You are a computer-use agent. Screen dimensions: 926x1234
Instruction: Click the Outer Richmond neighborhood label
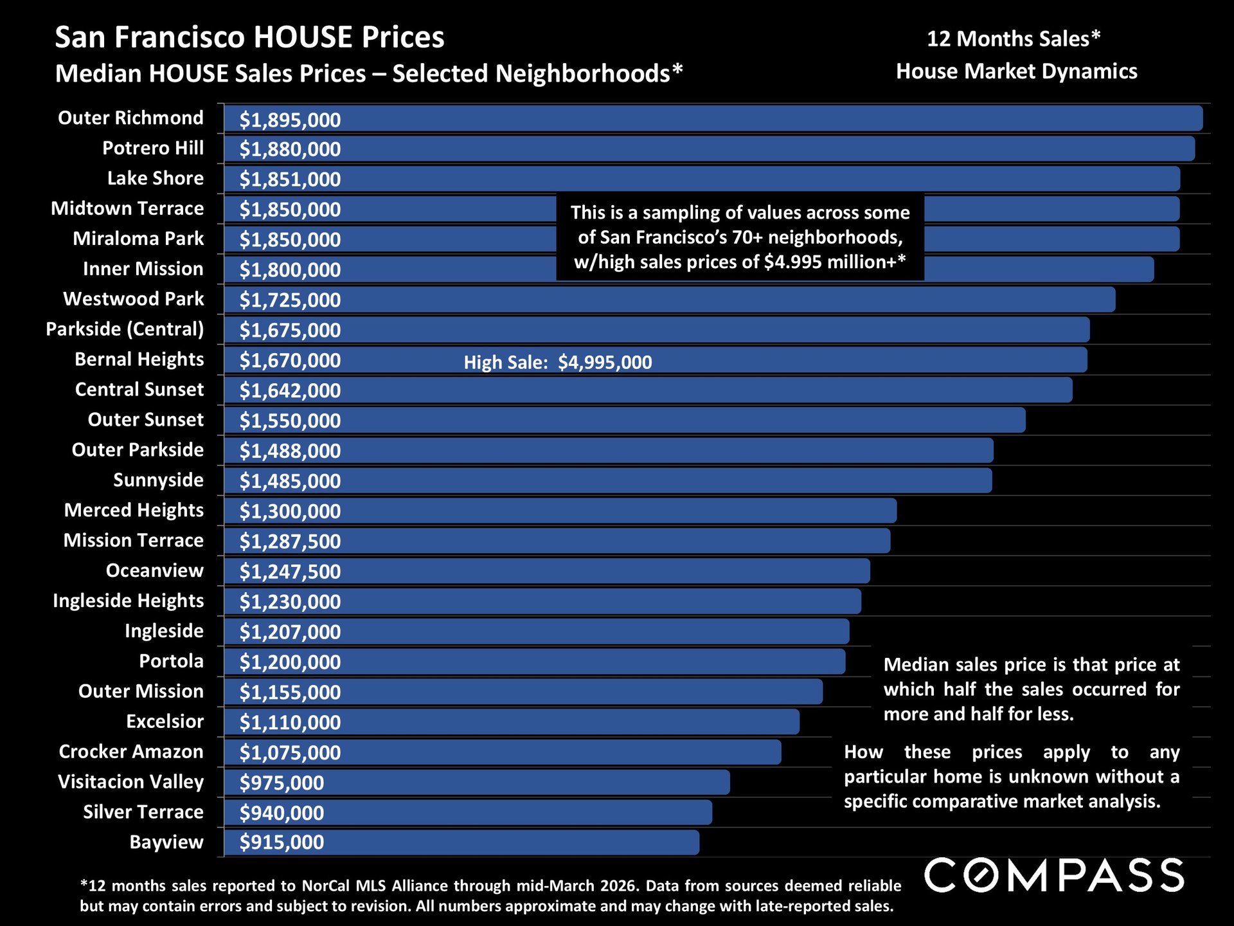[x=130, y=118]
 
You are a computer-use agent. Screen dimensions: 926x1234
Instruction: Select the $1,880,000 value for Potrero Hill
[x=290, y=149]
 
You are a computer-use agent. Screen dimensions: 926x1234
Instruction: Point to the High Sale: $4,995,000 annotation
[x=557, y=363]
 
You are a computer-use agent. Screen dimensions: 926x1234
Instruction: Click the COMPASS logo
[x=1054, y=875]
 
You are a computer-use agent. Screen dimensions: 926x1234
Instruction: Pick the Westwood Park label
[x=133, y=299]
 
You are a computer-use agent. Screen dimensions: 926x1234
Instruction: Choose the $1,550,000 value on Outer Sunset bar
[x=290, y=421]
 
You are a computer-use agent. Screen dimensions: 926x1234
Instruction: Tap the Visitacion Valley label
[x=130, y=782]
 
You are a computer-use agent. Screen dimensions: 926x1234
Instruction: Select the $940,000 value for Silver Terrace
[x=282, y=813]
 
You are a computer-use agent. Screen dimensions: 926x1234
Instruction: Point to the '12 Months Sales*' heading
[x=1014, y=39]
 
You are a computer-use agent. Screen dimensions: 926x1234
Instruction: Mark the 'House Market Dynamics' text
[x=1016, y=71]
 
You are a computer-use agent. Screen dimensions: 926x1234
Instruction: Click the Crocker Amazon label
[x=131, y=752]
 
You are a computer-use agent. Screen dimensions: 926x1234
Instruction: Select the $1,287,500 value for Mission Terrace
[x=290, y=541]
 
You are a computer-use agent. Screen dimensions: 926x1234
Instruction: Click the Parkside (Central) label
[x=125, y=329]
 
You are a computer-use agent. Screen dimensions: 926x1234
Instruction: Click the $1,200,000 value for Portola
[x=290, y=662]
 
